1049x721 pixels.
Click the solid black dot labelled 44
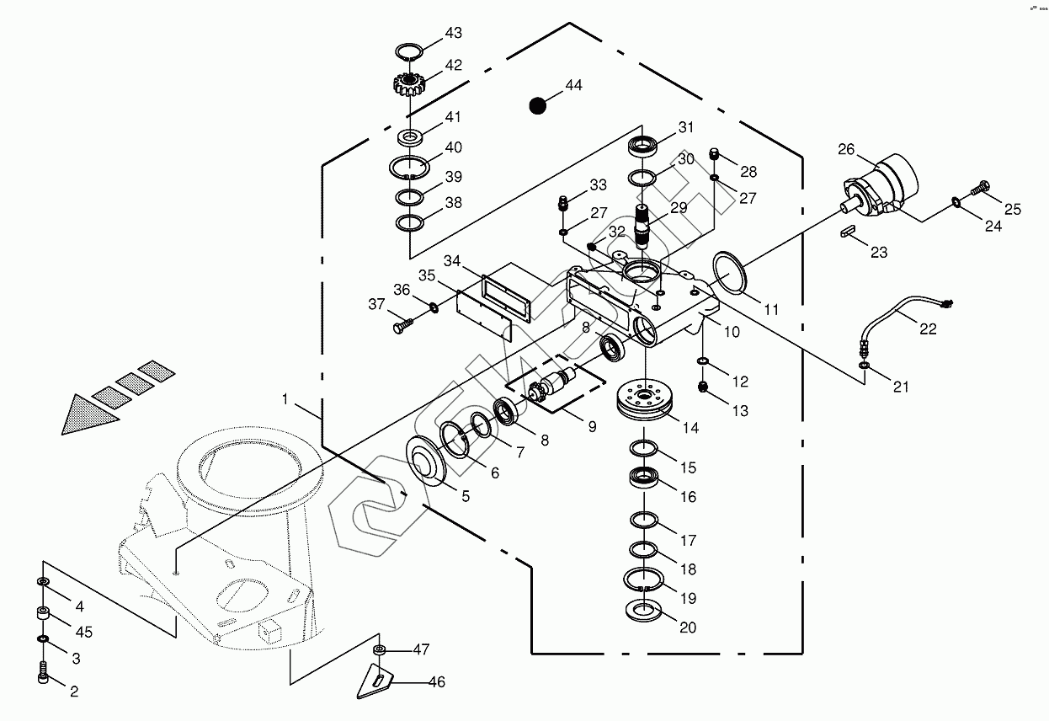click(538, 105)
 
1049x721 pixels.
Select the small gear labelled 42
click(410, 83)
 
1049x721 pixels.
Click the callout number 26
click(846, 150)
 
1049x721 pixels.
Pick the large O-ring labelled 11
click(729, 274)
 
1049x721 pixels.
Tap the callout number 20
click(688, 628)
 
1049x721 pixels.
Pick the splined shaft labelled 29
click(644, 225)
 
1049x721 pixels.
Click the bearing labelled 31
click(644, 145)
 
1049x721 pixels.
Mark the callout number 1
click(287, 399)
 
